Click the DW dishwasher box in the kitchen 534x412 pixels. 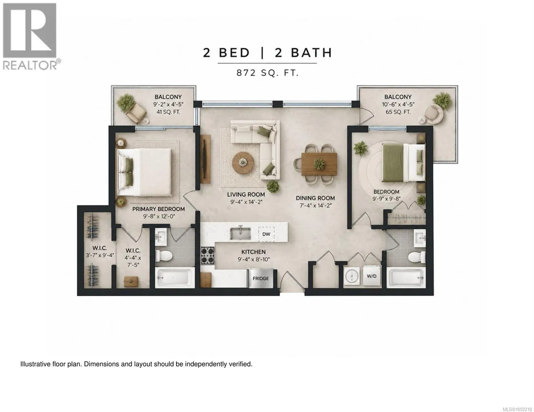pos(266,234)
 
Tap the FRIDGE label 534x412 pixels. pos(261,278)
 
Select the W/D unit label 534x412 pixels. pos(371,276)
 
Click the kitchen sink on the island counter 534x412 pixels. pos(240,233)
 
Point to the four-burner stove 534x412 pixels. pos(207,255)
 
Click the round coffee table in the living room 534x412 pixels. pos(243,162)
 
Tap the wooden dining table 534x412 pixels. pos(319,164)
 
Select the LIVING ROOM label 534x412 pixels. pos(246,195)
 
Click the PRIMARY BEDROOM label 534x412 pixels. pos(159,209)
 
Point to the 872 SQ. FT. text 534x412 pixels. pos(268,73)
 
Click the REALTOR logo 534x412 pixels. pos(31,36)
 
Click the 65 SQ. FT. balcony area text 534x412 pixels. pos(398,112)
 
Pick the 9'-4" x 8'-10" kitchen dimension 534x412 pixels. pos(254,259)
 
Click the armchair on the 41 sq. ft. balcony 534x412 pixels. pos(136,113)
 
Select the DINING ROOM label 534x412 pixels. pos(315,198)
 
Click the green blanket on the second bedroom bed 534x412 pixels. pos(393,163)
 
